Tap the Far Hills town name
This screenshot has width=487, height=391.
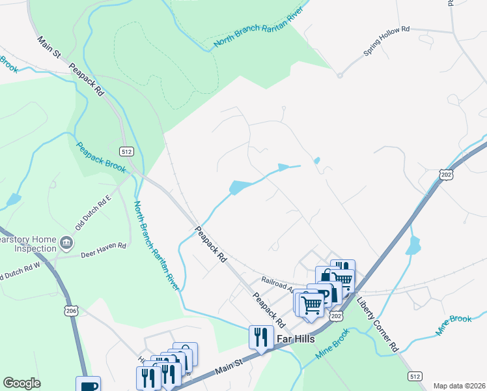coord(296,339)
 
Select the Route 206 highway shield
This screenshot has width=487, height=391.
coord(70,312)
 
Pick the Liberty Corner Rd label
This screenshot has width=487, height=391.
coord(377,326)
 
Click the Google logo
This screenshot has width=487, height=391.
coord(21,383)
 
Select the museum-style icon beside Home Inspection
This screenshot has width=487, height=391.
coord(66,244)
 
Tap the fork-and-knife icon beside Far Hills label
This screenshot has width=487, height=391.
coord(260,336)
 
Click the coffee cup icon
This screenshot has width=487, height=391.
coord(88,385)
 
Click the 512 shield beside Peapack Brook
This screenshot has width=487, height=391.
coord(127,152)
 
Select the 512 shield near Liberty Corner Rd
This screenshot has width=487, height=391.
coord(415,376)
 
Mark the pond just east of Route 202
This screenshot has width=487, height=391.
coord(413,246)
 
